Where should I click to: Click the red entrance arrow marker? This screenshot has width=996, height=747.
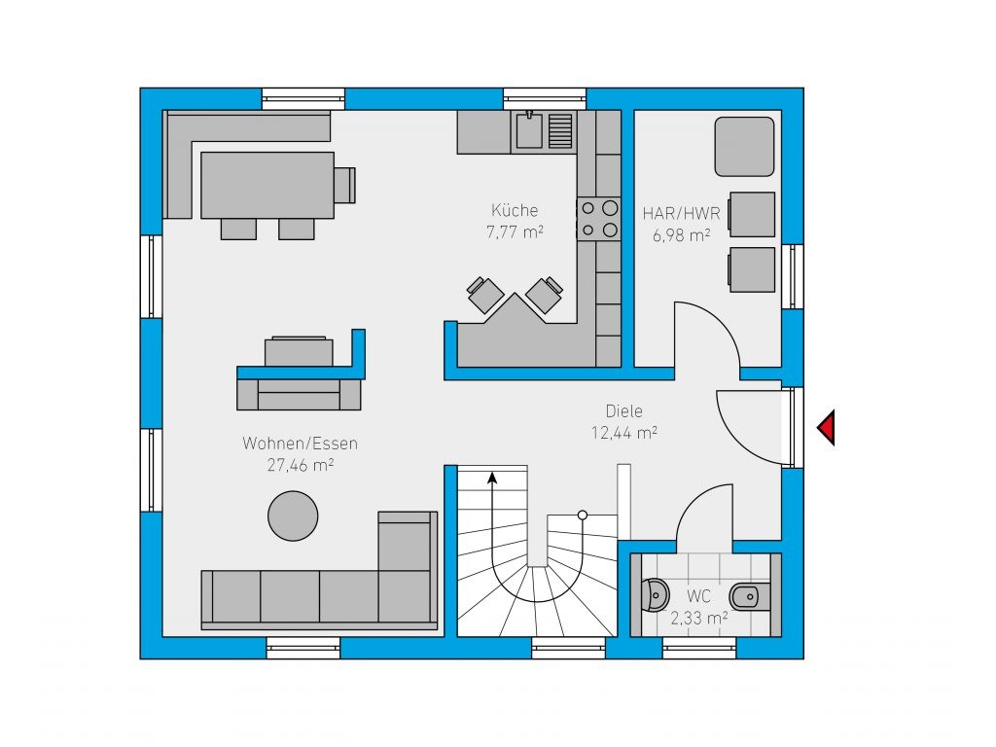(827, 427)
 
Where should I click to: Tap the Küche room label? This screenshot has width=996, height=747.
(515, 210)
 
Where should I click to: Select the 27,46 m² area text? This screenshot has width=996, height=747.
(301, 465)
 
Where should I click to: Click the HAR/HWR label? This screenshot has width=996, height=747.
(682, 213)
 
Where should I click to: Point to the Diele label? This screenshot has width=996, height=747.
(623, 411)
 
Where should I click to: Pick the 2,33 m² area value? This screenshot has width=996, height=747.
(698, 618)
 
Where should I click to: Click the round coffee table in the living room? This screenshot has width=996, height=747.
(293, 516)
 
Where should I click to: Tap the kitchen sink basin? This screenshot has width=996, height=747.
(528, 130)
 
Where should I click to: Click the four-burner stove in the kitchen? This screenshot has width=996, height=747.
(598, 219)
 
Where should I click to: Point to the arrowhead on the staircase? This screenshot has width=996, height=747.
(491, 477)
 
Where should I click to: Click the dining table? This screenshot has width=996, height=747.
(267, 185)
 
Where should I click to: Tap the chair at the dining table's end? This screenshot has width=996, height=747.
(345, 185)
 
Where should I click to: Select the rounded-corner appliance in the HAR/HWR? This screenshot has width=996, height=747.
(744, 146)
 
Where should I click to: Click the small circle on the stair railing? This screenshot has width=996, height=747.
(583, 515)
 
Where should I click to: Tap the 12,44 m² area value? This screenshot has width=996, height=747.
(623, 433)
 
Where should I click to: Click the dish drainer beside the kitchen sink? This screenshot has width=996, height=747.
(560, 130)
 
